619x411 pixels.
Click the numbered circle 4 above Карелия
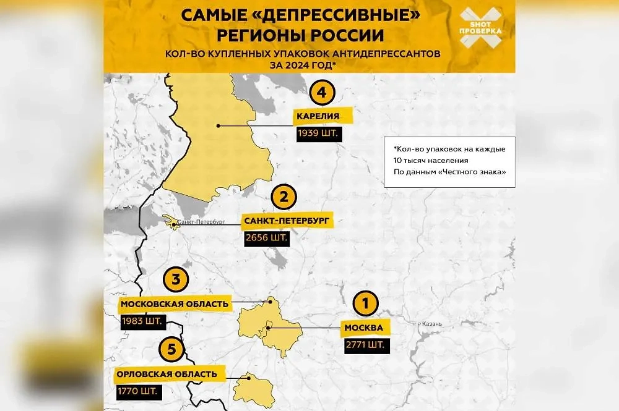tap(321, 94)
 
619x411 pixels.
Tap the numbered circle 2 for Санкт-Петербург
tap(284, 198)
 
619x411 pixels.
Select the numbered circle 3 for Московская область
tap(175, 280)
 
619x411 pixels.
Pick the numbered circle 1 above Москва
tap(365, 303)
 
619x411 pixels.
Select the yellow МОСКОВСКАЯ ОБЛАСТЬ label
tap(175, 303)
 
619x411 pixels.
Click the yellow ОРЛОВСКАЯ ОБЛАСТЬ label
tap(168, 374)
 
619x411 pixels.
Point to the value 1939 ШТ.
tap(318, 133)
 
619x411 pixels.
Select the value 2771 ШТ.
tap(368, 344)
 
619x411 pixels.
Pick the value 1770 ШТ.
tap(136, 391)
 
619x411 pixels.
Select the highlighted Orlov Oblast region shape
tap(254, 389)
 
